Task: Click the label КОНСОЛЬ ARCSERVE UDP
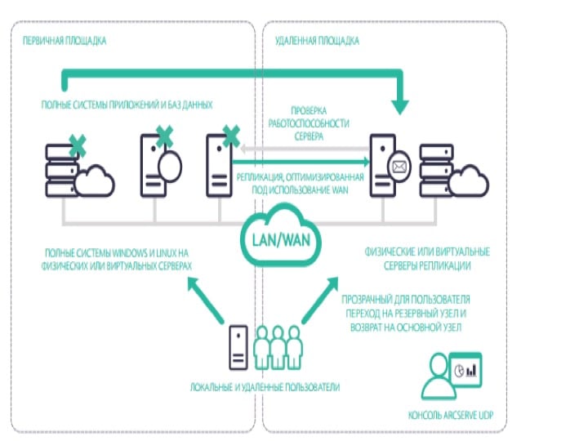451,415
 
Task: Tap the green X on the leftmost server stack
78,146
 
